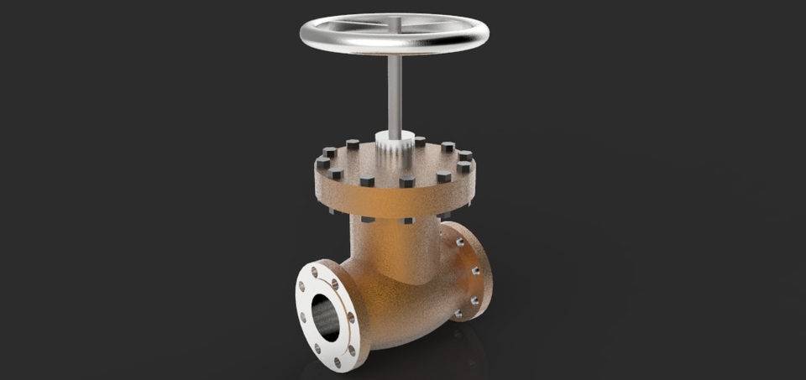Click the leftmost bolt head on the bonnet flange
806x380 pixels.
322,163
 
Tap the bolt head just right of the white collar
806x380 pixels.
420,141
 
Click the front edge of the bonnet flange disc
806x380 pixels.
395,201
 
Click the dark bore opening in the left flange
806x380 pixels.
326,314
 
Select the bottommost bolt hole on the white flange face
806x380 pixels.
338,362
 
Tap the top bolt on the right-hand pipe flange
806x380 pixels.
459,242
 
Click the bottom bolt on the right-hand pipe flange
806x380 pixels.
458,315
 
